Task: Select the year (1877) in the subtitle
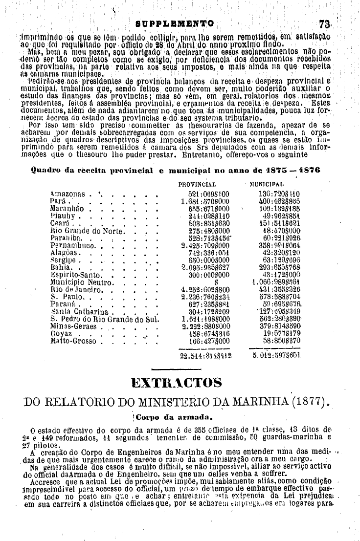click(x=304, y=404)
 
